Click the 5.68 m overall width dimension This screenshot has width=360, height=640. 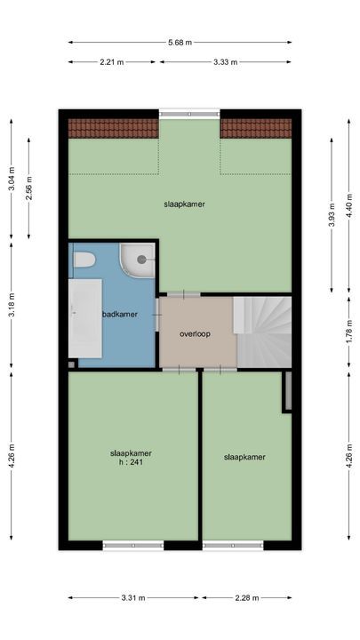tap(180, 42)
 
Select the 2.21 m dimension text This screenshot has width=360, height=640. tap(112, 61)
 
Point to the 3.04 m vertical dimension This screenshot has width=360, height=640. tap(12, 178)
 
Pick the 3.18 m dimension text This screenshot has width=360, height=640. tap(12, 304)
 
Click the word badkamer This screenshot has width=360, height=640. tap(119, 314)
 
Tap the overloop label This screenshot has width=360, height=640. tap(194, 334)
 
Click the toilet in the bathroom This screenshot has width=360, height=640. tap(84, 260)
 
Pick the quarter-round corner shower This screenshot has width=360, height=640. tap(138, 259)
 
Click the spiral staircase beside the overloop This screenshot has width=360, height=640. tap(263, 331)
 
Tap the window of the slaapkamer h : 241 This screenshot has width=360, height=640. tap(133, 545)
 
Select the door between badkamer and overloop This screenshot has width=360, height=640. tap(157, 314)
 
